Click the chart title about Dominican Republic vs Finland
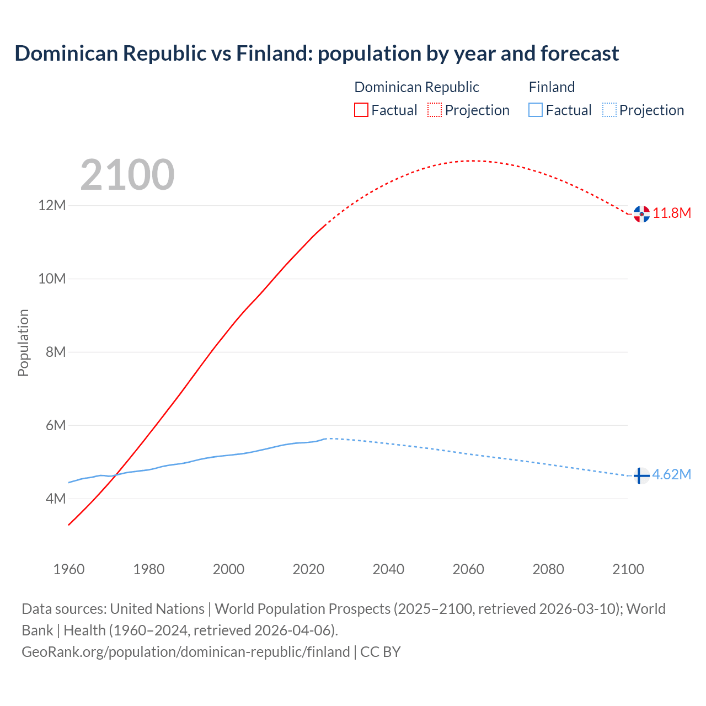pyautogui.click(x=317, y=54)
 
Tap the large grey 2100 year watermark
pyautogui.click(x=127, y=175)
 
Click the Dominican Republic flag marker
pyautogui.click(x=641, y=214)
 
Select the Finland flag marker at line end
pyautogui.click(x=641, y=475)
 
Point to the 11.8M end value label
pyautogui.click(x=672, y=213)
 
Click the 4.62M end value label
pyautogui.click(x=671, y=475)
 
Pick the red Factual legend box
pyautogui.click(x=361, y=110)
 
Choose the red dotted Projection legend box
pyautogui.click(x=435, y=110)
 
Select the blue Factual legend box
pyautogui.click(x=535, y=110)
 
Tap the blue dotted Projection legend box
pyautogui.click(x=609, y=110)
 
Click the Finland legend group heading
pyautogui.click(x=552, y=87)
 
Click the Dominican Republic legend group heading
pyautogui.click(x=416, y=87)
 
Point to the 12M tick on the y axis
pyautogui.click(x=52, y=206)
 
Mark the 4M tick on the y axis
pyautogui.click(x=55, y=499)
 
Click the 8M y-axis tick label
pyautogui.click(x=55, y=352)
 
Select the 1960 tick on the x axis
pyautogui.click(x=69, y=569)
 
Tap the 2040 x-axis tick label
pyautogui.click(x=388, y=569)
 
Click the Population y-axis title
pyautogui.click(x=23, y=343)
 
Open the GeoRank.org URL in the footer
pyautogui.click(x=186, y=652)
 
